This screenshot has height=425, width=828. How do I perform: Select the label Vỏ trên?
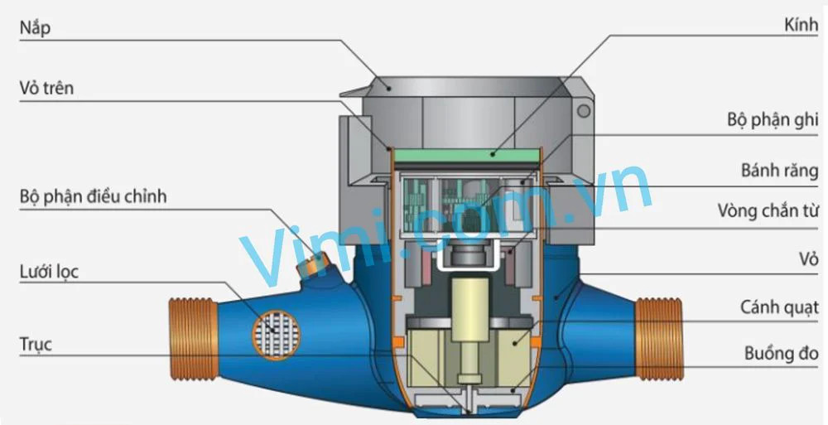47,87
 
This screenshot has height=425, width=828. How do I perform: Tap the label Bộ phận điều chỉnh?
94,197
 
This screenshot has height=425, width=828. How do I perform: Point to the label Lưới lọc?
50,271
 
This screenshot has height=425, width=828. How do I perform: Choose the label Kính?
801,27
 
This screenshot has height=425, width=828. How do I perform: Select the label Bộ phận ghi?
773,121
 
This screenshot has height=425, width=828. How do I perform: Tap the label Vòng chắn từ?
768,212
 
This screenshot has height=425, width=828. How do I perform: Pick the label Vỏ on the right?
807,260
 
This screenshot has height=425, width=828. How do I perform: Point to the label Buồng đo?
781,354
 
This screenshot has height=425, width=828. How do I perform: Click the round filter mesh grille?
277,331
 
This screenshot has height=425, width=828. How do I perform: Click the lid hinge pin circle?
585,110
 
